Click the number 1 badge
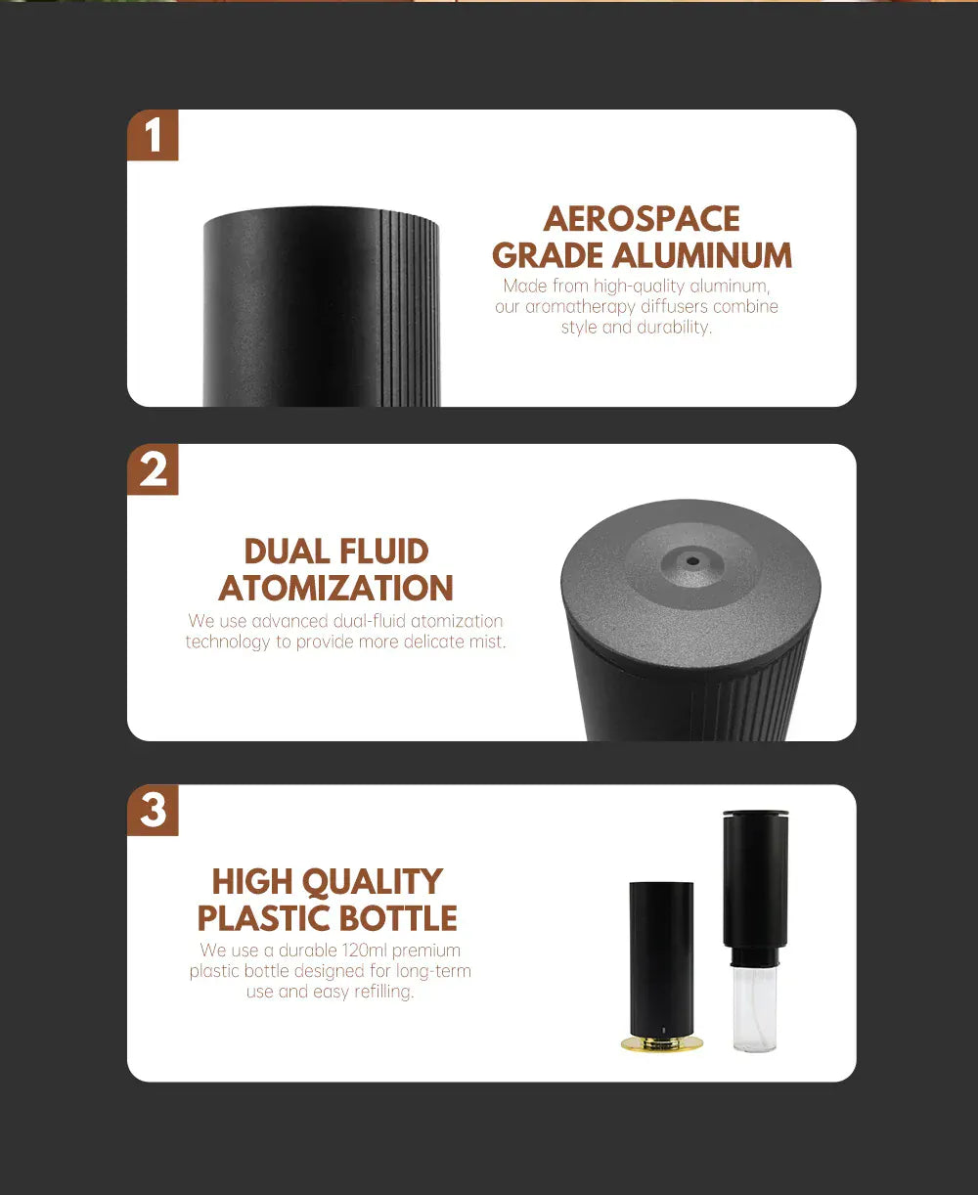[x=153, y=135]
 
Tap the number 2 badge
[x=153, y=469]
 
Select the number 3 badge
[x=153, y=811]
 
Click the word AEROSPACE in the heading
[x=642, y=218]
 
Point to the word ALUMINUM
[x=702, y=255]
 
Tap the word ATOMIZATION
[x=336, y=588]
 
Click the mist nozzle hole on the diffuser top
[x=692, y=561]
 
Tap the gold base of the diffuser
[x=662, y=1044]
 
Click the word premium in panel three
[x=426, y=951]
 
